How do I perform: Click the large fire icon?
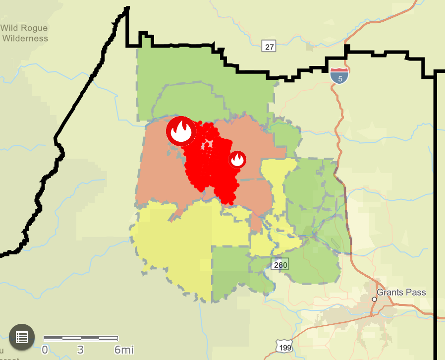[x=181, y=131]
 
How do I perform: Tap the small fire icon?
[x=237, y=160]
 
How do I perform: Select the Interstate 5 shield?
[x=339, y=75]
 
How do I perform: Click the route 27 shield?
[x=269, y=47]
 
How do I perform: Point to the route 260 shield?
[x=280, y=265]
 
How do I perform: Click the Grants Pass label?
[x=401, y=292]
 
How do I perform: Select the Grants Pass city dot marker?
[x=375, y=299]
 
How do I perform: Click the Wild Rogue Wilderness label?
[x=25, y=33]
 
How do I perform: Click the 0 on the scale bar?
[x=45, y=350]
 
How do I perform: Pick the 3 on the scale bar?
[x=81, y=350]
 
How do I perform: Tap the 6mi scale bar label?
[x=124, y=350]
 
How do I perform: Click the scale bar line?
[x=81, y=338]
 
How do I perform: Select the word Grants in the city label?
[x=391, y=292]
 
